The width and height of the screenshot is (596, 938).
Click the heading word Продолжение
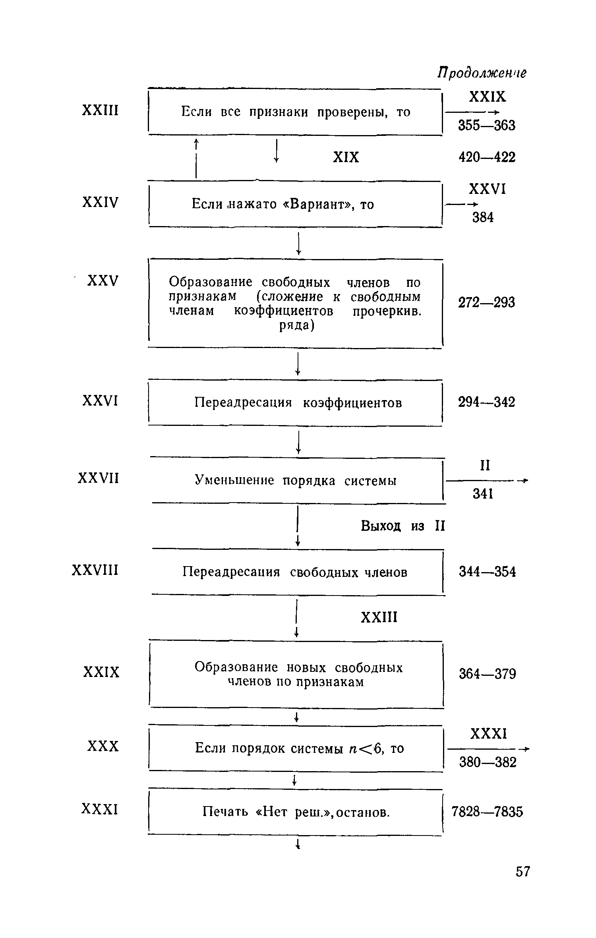tap(482, 73)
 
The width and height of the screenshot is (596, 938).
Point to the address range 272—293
tap(487, 303)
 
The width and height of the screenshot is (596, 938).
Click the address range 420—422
tap(487, 157)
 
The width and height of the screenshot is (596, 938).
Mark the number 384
tap(483, 217)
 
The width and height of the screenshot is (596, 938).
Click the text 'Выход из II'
tap(403, 526)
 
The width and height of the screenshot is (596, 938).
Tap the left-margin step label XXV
tap(103, 281)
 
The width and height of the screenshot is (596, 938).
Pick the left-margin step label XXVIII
tap(95, 571)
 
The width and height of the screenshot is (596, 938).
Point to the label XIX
tap(346, 158)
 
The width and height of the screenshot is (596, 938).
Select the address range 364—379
tap(488, 674)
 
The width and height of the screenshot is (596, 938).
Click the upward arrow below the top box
tap(196, 159)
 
